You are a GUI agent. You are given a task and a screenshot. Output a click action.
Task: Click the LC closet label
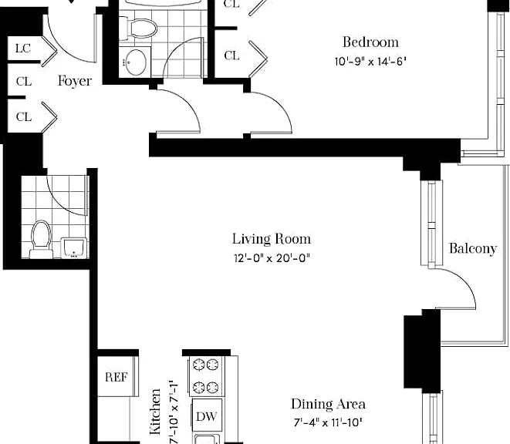23,49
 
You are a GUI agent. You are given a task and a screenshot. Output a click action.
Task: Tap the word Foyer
75,81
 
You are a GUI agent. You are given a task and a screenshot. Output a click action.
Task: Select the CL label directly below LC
24,81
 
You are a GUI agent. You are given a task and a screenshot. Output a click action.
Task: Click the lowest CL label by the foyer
24,116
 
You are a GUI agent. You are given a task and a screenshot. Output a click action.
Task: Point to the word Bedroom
370,42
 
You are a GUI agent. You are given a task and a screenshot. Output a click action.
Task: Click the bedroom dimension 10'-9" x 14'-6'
370,62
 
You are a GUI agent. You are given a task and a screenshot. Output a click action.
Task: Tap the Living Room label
272,239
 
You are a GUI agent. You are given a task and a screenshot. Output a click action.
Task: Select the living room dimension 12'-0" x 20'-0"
272,258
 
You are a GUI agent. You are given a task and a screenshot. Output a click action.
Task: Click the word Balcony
473,249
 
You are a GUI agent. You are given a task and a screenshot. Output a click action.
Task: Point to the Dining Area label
328,404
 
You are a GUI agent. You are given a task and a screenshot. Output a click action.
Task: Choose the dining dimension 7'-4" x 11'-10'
328,422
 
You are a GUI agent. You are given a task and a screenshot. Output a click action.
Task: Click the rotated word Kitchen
155,412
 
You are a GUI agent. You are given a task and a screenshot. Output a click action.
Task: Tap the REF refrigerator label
117,377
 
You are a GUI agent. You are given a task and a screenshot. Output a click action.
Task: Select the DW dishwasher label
207,416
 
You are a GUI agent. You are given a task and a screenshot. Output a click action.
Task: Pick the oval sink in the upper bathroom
136,62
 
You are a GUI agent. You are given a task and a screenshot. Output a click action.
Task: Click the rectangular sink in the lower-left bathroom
74,248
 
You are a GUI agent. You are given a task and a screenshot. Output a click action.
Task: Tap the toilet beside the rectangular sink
42,239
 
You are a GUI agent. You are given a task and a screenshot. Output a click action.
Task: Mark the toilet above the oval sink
139,29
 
